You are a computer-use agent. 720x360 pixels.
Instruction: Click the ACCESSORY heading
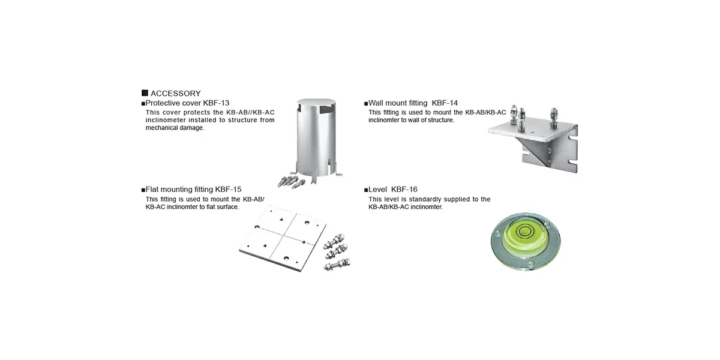point(175,94)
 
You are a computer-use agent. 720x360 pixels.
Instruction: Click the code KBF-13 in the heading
point(217,103)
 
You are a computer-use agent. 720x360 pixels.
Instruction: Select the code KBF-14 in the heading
point(445,103)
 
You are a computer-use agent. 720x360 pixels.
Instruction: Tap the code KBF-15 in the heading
point(229,190)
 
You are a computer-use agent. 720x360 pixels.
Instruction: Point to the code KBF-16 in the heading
point(404,190)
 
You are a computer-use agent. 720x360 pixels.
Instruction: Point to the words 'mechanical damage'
point(175,128)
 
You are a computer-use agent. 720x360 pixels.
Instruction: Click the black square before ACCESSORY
point(145,93)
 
